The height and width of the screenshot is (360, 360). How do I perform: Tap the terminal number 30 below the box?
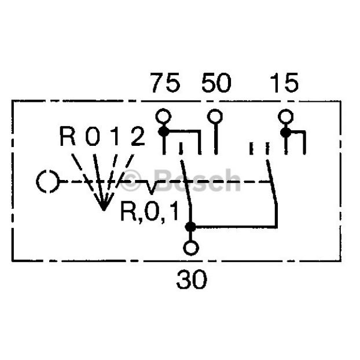pyautogui.click(x=192, y=280)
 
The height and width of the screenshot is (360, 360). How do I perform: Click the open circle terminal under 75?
pyautogui.click(x=163, y=116)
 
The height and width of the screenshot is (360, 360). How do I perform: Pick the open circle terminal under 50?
pyautogui.click(x=215, y=116)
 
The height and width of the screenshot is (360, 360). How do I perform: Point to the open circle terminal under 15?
pyautogui.click(x=286, y=116)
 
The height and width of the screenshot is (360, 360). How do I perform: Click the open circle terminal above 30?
pyautogui.click(x=191, y=248)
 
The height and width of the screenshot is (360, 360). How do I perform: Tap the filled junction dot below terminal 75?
pyautogui.click(x=164, y=132)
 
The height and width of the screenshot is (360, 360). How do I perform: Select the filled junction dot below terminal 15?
pyautogui.click(x=285, y=133)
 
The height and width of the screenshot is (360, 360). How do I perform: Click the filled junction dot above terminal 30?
pyautogui.click(x=190, y=227)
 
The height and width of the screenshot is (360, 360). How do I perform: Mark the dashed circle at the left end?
pyautogui.click(x=49, y=181)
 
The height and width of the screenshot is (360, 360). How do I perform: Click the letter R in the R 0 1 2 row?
pyautogui.click(x=68, y=136)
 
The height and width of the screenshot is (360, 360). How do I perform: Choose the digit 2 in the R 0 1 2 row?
pyautogui.click(x=138, y=136)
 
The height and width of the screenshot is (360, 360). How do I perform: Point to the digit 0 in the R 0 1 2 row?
pyautogui.click(x=93, y=136)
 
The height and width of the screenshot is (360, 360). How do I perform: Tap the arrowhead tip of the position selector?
pyautogui.click(x=104, y=210)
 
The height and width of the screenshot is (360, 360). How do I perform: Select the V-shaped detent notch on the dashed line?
pyautogui.click(x=151, y=188)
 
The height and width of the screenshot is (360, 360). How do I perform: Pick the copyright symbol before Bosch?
pyautogui.click(x=131, y=181)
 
